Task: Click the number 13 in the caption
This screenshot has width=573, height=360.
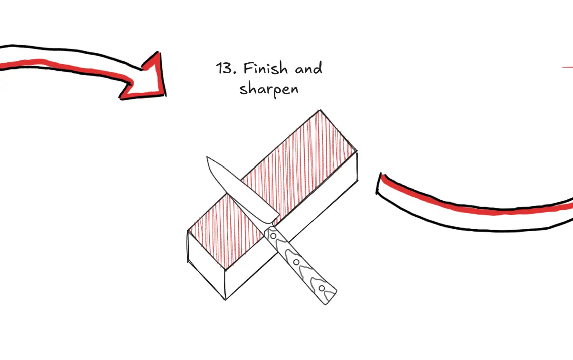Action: (x=224, y=69)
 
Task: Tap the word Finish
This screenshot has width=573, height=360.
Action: (x=265, y=69)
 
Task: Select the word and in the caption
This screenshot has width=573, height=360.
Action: (x=308, y=69)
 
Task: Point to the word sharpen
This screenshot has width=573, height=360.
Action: (x=269, y=89)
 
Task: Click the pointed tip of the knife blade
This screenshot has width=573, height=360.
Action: (x=208, y=158)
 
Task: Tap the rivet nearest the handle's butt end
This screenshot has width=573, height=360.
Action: (x=322, y=288)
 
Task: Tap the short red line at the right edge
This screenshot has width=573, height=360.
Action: (x=567, y=68)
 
